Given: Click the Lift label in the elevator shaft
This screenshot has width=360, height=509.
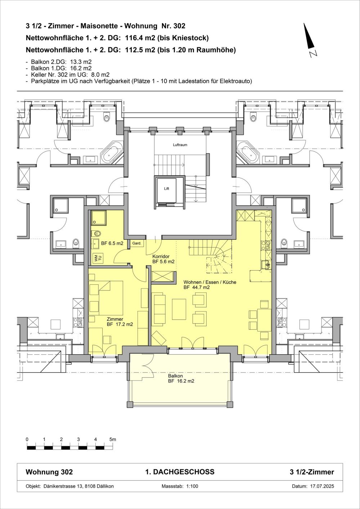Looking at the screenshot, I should tap(166, 189).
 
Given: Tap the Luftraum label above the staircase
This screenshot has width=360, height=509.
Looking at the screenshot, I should tap(180, 145).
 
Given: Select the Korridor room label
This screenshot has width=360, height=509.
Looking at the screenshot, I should tap(161, 256).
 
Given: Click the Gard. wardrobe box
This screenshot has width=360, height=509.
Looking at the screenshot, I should tap(137, 243).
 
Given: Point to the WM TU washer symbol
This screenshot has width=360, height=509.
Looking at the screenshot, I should tap(96, 258).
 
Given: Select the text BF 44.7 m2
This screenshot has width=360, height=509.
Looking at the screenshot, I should tap(197, 288).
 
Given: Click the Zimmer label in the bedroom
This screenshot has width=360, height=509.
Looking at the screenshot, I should tap(115, 319).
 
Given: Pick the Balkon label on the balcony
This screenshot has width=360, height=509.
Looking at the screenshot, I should tap(175, 376).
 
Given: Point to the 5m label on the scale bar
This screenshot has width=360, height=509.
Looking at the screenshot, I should tap(113, 440).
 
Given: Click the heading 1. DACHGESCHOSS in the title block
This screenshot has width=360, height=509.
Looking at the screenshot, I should tap(180, 472).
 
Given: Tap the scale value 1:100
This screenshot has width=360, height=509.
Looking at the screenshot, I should tap(192, 486).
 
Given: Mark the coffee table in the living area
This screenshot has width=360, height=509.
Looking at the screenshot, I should tap(179, 308).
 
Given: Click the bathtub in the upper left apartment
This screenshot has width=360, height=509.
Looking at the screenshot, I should tap(112, 153).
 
